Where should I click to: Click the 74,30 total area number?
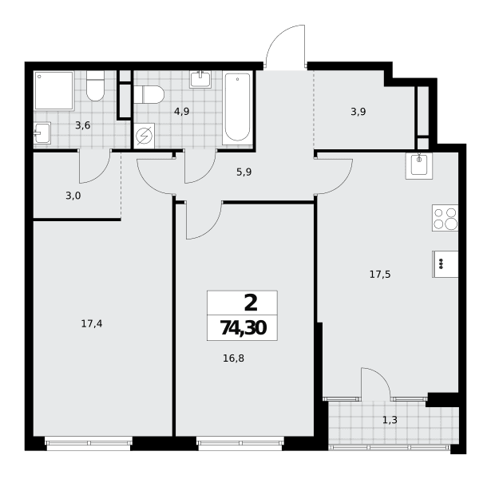pos(244,328)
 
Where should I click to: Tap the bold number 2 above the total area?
pos(251,303)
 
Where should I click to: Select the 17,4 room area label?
pos(92,323)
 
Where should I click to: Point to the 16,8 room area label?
pos(233,358)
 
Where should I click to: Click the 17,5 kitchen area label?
pos(380,275)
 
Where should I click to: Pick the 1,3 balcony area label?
pos(390,420)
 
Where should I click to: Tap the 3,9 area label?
pos(358,112)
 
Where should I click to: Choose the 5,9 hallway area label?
pos(244,172)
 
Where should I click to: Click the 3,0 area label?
pos(73,196)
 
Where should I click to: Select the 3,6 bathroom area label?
pos(83,125)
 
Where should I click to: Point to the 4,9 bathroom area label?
pos(181,112)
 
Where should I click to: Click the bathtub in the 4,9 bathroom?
pos(237,108)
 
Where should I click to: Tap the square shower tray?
pos(54,91)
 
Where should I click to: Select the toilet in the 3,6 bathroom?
pos(95,86)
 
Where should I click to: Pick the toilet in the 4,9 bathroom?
pos(149,94)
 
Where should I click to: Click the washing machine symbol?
pos(144,136)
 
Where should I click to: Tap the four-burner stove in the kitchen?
pos(445,218)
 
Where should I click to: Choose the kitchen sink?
pos(419,166)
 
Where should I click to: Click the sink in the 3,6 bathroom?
pos(42,133)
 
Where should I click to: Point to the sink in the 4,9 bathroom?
pos(200,79)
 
